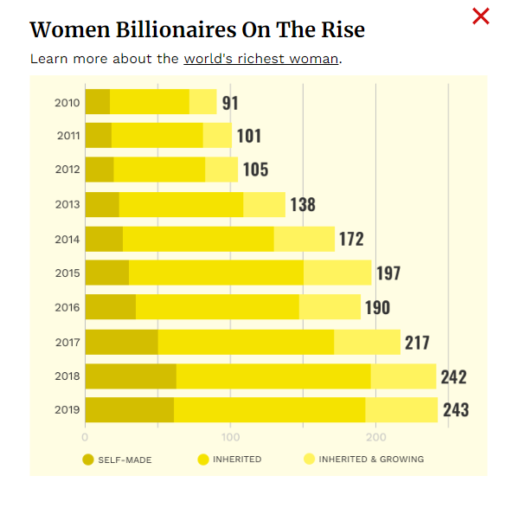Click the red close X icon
pyautogui.click(x=481, y=16)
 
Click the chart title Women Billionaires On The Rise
pyautogui.click(x=197, y=30)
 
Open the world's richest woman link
pyautogui.click(x=260, y=59)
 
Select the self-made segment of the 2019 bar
pyautogui.click(x=129, y=409)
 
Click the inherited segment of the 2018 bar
pyautogui.click(x=273, y=376)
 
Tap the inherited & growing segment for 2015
pyautogui.click(x=336, y=273)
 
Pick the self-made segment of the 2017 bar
pyautogui.click(x=121, y=342)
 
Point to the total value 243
pyautogui.click(x=456, y=409)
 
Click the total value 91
pyautogui.click(x=230, y=103)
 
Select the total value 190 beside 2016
pyautogui.click(x=377, y=307)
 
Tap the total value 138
pyautogui.click(x=303, y=205)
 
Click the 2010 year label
pyautogui.click(x=68, y=103)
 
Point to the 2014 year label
pyautogui.click(x=68, y=239)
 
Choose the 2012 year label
pyautogui.click(x=68, y=170)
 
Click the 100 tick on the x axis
pyautogui.click(x=230, y=437)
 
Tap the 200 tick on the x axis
pyautogui.click(x=375, y=437)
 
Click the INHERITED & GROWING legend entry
pyautogui.click(x=363, y=459)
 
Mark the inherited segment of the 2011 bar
pyautogui.click(x=157, y=136)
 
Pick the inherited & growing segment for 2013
pyautogui.click(x=264, y=205)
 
